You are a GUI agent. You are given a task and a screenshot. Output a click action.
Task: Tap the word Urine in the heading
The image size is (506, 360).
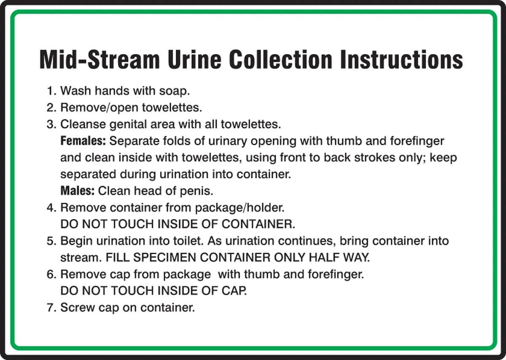click(x=191, y=60)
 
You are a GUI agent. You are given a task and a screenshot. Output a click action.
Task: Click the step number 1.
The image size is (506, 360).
click(x=51, y=91)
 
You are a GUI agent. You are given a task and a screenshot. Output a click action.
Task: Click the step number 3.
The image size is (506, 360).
click(x=51, y=124)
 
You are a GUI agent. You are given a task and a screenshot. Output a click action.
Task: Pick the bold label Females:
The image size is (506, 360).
click(x=83, y=141)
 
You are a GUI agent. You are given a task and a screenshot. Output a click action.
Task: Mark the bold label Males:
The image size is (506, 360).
click(x=78, y=191)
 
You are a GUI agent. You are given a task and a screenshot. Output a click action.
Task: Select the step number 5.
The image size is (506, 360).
click(x=51, y=241)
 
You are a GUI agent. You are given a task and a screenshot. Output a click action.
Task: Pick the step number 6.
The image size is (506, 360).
click(x=51, y=274)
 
